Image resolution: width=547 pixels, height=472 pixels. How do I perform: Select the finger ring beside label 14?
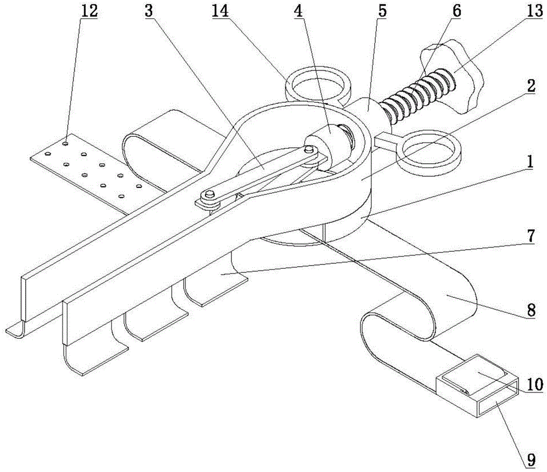pyautogui.click(x=318, y=83)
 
